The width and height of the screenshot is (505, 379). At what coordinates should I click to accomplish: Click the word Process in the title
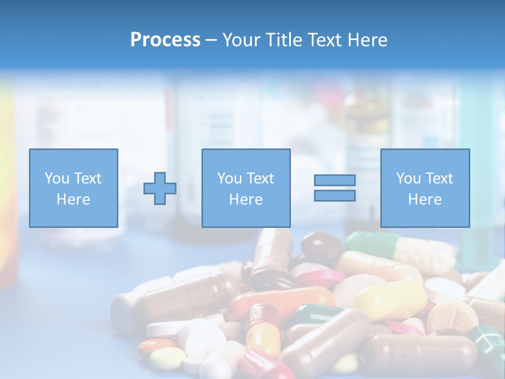165,39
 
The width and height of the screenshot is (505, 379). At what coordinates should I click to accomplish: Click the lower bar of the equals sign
335,195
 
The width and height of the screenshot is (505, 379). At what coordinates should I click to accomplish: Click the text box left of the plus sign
73,188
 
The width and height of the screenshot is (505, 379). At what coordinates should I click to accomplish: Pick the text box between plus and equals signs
246,188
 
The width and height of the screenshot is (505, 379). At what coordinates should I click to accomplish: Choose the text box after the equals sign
425,188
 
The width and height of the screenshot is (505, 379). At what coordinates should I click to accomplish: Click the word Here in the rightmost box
425,199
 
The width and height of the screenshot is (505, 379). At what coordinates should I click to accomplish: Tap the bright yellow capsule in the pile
389,300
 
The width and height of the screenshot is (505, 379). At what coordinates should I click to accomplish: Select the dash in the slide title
211,40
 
